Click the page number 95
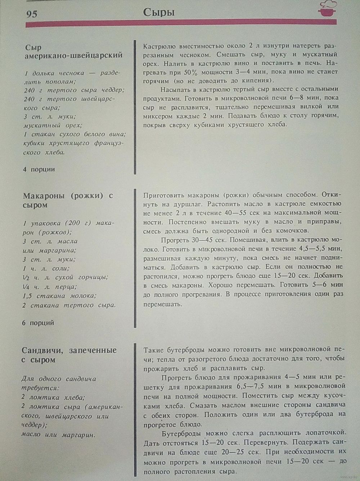[32, 14]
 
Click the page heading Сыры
[159, 13]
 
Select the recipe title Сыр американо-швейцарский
[73, 51]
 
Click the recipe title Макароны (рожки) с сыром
[68, 200]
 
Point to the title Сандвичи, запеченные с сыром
[69, 355]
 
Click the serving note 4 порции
[39, 169]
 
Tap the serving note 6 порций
[38, 323]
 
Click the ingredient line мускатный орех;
[53, 126]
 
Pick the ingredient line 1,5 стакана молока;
[60, 296]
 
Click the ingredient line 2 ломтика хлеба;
[53, 397]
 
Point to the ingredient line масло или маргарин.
[58, 435]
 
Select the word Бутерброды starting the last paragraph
[181, 433]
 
